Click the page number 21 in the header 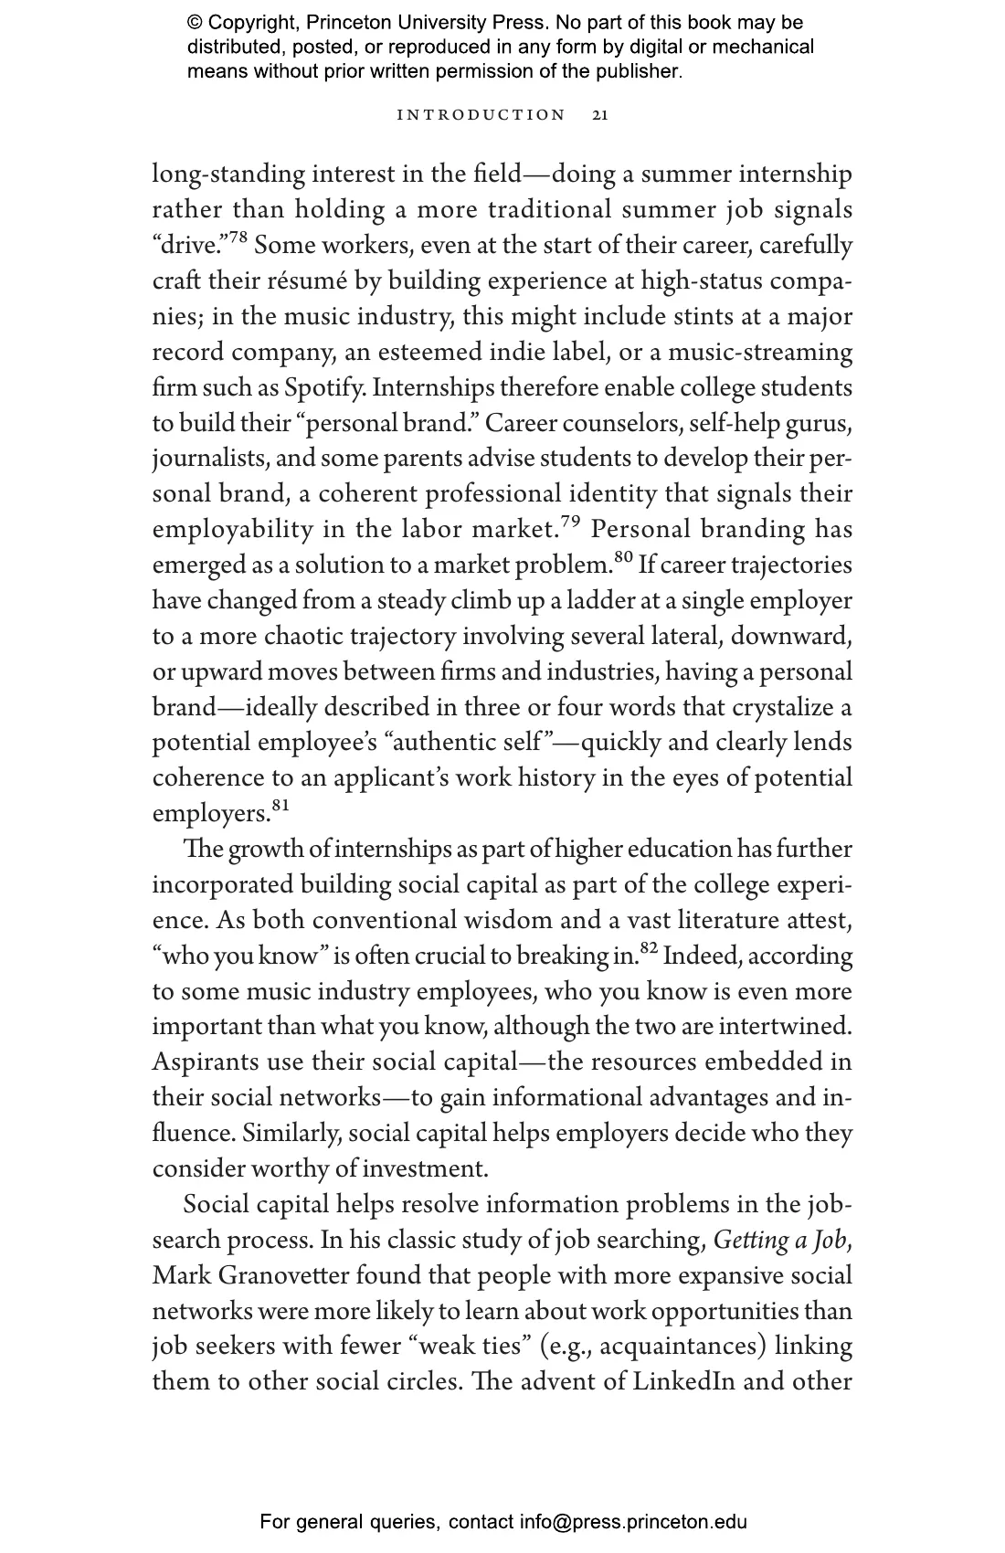[600, 115]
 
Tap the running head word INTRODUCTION [481, 115]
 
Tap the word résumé [312, 281]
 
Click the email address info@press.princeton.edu [633, 1522]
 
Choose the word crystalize [782, 708]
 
